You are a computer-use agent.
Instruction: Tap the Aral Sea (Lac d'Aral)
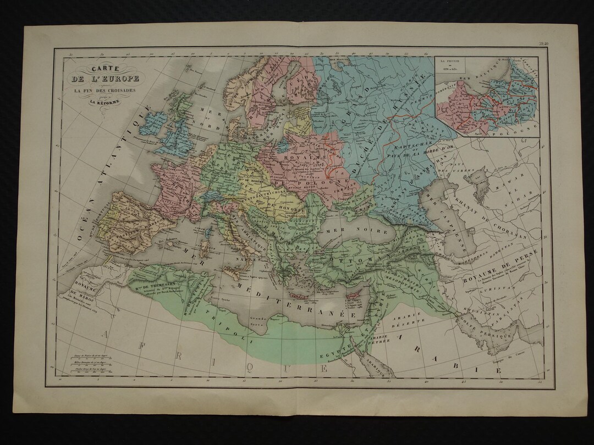click(479, 180)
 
